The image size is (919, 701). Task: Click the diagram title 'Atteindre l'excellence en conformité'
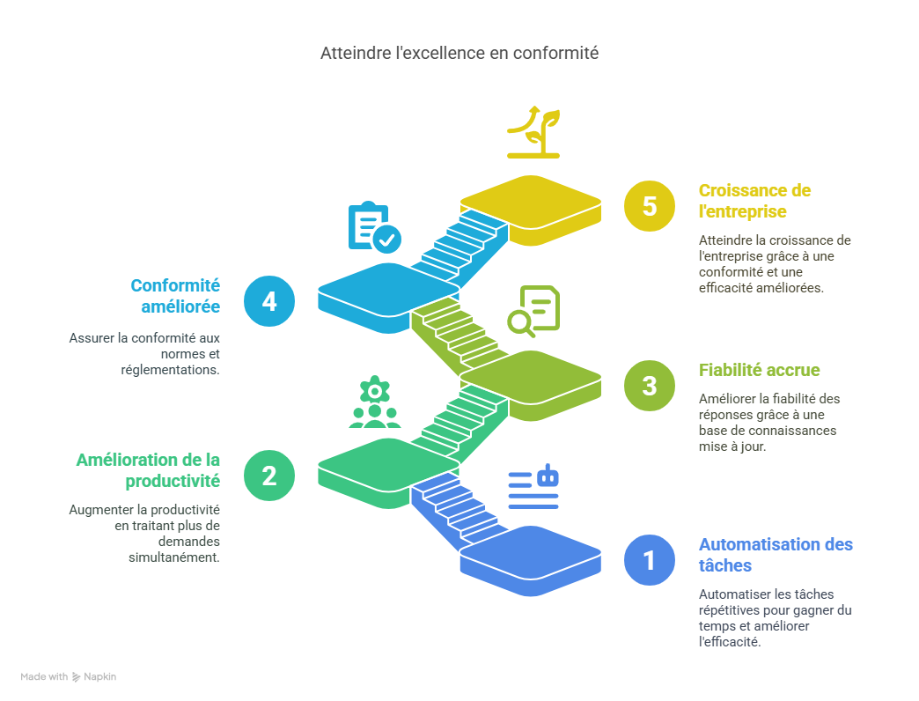click(x=459, y=54)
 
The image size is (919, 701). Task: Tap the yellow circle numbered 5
click(x=650, y=206)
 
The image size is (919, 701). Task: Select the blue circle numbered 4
click(x=269, y=301)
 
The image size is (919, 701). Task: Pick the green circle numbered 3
click(x=650, y=386)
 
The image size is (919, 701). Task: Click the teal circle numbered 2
click(x=269, y=476)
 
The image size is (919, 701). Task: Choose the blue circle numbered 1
click(x=650, y=560)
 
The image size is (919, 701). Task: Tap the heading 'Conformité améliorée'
click(x=175, y=296)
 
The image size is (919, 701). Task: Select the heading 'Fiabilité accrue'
click(x=759, y=370)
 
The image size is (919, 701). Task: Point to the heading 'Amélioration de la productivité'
click(x=148, y=470)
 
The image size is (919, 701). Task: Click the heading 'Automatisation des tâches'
click(x=776, y=554)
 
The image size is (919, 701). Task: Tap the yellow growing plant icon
click(x=533, y=132)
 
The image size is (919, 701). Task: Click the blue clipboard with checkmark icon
click(x=374, y=227)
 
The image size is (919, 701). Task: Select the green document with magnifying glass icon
click(x=533, y=312)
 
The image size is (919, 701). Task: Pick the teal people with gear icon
click(x=374, y=402)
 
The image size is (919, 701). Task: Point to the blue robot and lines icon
click(x=533, y=487)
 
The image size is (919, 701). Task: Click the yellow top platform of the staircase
click(x=530, y=202)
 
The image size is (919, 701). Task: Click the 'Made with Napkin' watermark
click(x=69, y=677)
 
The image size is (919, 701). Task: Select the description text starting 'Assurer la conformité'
click(x=144, y=353)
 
